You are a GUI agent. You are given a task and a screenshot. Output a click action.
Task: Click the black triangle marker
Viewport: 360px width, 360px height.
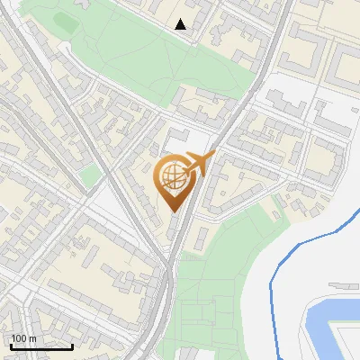tap(181, 24)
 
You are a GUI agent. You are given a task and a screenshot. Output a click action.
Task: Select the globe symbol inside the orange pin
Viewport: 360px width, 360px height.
tap(171, 177)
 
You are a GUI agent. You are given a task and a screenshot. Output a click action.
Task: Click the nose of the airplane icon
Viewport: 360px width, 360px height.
tap(212, 156)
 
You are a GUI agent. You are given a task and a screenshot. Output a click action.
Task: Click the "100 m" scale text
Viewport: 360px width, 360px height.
tap(23, 338)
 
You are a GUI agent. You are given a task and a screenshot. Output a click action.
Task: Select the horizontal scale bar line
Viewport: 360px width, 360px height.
tap(41, 346)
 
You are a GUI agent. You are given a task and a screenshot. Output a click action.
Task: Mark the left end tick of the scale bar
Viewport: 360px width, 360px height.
tap(11, 345)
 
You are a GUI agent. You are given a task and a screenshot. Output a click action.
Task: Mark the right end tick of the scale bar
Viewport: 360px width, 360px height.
tap(72, 345)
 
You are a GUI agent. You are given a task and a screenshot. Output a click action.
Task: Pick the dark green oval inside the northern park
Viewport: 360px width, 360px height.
tap(67, 19)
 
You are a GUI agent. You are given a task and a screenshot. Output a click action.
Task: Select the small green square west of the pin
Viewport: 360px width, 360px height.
tap(90, 177)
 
